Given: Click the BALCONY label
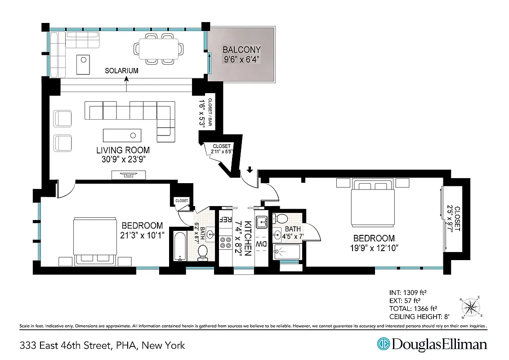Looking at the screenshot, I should click(241, 49).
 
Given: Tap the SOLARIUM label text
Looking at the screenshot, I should click(121, 71).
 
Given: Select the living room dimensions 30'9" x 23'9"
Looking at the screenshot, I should click(122, 159).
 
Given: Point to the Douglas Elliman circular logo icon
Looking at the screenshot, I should click(383, 344).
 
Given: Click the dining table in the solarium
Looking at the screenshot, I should click(161, 49).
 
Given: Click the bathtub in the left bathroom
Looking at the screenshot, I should click(179, 246).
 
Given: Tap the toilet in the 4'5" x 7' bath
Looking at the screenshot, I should click(281, 219).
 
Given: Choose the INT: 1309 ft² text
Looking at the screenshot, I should click(407, 292).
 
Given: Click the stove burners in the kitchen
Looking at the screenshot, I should click(224, 242).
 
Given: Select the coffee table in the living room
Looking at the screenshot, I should click(122, 135).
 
